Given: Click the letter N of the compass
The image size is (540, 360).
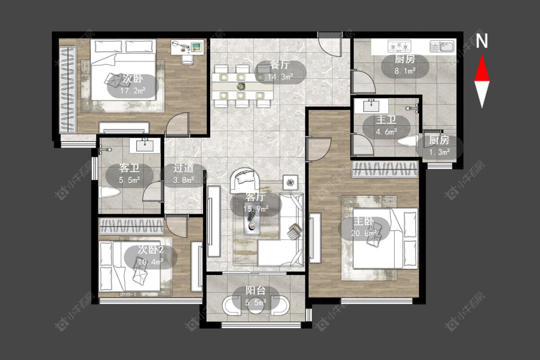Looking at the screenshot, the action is pyautogui.click(x=482, y=41).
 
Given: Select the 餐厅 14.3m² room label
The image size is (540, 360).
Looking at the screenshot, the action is pyautogui.click(x=280, y=71).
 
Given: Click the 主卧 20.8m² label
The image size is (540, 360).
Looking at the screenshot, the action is pyautogui.click(x=364, y=228).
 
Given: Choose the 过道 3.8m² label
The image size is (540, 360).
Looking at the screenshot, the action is pyautogui.click(x=183, y=174).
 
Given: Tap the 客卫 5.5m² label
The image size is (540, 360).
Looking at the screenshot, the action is pyautogui.click(x=130, y=174).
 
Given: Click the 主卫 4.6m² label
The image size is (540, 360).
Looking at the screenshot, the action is pyautogui.click(x=386, y=126).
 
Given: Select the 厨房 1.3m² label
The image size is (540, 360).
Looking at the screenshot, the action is pyautogui.click(x=439, y=146).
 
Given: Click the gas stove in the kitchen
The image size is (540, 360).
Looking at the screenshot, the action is pyautogui.click(x=399, y=46).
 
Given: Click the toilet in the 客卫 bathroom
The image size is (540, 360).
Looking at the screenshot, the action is pyautogui.click(x=109, y=192).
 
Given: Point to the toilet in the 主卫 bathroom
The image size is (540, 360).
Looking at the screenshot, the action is pyautogui.click(x=407, y=141).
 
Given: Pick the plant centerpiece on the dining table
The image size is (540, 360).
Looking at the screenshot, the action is pyautogui.click(x=241, y=86).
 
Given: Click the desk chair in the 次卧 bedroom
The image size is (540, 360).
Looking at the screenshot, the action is pyautogui.click(x=188, y=60).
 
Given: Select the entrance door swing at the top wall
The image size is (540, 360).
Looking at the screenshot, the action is pyautogui.click(x=330, y=44).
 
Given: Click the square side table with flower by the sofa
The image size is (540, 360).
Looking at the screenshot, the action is pyautogui.click(x=291, y=182).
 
